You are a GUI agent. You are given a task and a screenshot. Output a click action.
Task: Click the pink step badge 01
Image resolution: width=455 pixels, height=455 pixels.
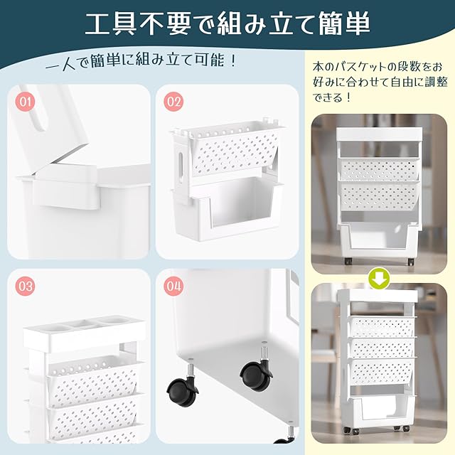point(26,101)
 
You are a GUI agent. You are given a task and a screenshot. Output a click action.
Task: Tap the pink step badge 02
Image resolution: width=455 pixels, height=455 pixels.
point(173,101)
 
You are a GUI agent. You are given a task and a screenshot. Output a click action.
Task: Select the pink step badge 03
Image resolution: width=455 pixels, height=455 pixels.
point(26,286)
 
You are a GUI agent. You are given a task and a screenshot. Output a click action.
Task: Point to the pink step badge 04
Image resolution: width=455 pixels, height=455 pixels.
point(173,286)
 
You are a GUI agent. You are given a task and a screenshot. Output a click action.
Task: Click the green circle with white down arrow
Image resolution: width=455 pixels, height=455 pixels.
point(379,279)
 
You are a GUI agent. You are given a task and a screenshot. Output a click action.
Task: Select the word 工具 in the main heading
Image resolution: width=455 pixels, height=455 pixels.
point(111,23)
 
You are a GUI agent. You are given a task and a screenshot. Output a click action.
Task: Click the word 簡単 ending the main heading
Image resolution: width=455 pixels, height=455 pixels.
point(344,23)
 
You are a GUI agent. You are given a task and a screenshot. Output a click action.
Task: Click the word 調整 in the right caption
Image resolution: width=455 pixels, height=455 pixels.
point(436,82)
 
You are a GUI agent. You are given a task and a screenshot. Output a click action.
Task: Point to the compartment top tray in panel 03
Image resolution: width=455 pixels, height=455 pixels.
point(85,333)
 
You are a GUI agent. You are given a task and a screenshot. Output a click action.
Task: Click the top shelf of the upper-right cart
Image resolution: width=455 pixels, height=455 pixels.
point(380,134)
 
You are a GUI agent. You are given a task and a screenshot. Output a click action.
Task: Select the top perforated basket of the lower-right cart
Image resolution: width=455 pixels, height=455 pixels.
point(383,326)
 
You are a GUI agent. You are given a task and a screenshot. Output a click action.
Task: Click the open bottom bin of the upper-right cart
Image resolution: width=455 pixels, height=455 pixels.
point(380,238)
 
